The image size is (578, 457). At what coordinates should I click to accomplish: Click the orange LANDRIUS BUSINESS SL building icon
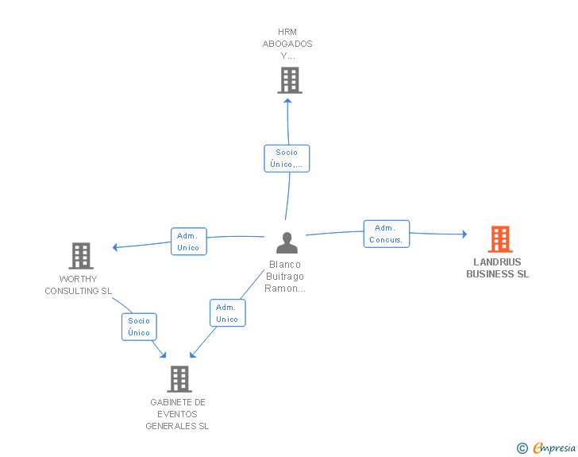[x=500, y=239]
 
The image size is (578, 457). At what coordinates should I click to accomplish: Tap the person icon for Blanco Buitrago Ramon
[x=287, y=242]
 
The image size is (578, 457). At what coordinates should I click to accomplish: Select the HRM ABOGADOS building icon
[x=290, y=80]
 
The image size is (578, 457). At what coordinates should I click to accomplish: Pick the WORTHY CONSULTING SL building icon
[x=81, y=256]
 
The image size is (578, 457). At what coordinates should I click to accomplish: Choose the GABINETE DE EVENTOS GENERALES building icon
[x=179, y=379]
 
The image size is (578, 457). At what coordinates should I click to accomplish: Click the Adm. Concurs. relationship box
[x=387, y=234]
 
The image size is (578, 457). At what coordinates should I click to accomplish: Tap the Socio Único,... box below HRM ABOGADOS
[x=287, y=158]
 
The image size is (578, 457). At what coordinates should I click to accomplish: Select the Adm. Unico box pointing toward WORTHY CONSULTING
[x=189, y=242]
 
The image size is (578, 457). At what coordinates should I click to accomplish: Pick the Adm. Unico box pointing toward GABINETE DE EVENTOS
[x=227, y=313]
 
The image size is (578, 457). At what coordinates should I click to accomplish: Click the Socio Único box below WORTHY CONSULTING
[x=139, y=327]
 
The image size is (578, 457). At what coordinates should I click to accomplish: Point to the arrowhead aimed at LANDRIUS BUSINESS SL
[x=464, y=234]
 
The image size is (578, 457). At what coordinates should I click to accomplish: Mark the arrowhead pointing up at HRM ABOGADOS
[x=288, y=101]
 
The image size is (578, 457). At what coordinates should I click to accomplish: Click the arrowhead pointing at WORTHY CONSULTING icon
[x=115, y=247]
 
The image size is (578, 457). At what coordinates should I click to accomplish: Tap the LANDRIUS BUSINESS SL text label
[x=497, y=268]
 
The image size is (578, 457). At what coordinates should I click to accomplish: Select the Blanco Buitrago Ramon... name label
[x=285, y=277]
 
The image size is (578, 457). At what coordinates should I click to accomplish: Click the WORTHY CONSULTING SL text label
[x=78, y=285]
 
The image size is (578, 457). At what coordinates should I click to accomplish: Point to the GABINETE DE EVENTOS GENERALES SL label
[x=177, y=414]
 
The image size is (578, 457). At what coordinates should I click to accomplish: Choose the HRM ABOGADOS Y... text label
[x=287, y=44]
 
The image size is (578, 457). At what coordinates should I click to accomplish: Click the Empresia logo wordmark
[x=554, y=448]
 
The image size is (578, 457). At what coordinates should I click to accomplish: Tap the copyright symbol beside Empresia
[x=522, y=448]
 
